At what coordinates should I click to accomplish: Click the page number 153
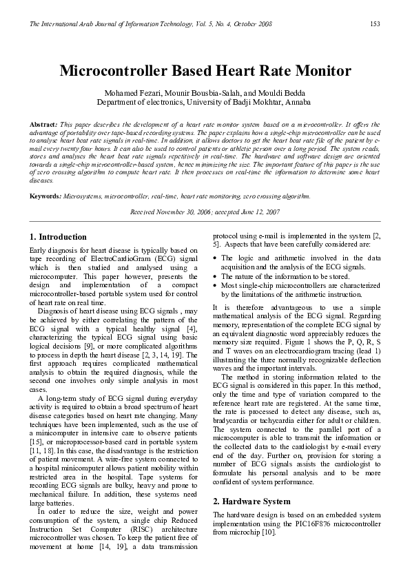(x=375, y=24)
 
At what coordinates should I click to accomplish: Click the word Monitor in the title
(x=317, y=70)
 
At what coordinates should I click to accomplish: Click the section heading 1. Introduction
(x=59, y=236)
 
